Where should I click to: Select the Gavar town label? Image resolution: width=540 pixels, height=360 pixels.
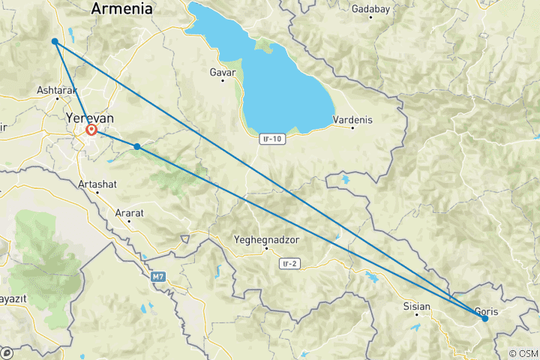tap(223, 73)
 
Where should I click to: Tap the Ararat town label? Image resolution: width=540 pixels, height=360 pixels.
tap(129, 213)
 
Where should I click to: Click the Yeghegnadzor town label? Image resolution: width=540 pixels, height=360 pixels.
tap(265, 240)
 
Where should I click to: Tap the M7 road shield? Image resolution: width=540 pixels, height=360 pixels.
tap(157, 277)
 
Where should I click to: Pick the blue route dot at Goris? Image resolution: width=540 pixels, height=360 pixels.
tap(485, 319)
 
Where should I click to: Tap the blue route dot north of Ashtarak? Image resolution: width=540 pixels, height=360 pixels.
tap(55, 41)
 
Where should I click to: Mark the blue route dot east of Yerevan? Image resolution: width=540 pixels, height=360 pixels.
tap(137, 146)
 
